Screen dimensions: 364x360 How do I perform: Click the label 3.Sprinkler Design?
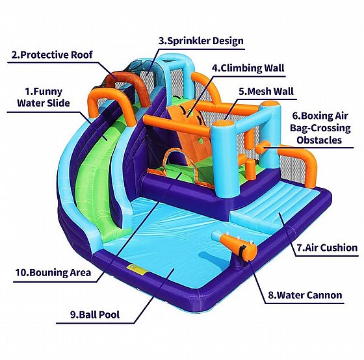coord(201,41)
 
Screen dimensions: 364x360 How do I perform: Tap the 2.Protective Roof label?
coord(52,55)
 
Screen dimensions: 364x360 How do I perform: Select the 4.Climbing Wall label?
coord(248,68)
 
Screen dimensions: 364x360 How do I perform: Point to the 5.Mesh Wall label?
coord(266,91)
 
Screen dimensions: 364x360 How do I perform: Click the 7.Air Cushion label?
coord(328,248)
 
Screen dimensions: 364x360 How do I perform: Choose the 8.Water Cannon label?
coord(305,295)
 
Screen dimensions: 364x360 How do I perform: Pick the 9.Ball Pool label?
coord(95,315)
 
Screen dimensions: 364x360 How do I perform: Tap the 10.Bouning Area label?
coord(53,272)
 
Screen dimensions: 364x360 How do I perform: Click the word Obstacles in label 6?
coord(319,140)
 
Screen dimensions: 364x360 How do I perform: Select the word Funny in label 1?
coord(48,92)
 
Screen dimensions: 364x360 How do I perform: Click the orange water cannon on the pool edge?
coord(235,246)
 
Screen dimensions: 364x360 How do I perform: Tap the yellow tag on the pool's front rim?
coord(137,268)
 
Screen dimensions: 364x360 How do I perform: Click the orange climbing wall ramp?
coord(190,135)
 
